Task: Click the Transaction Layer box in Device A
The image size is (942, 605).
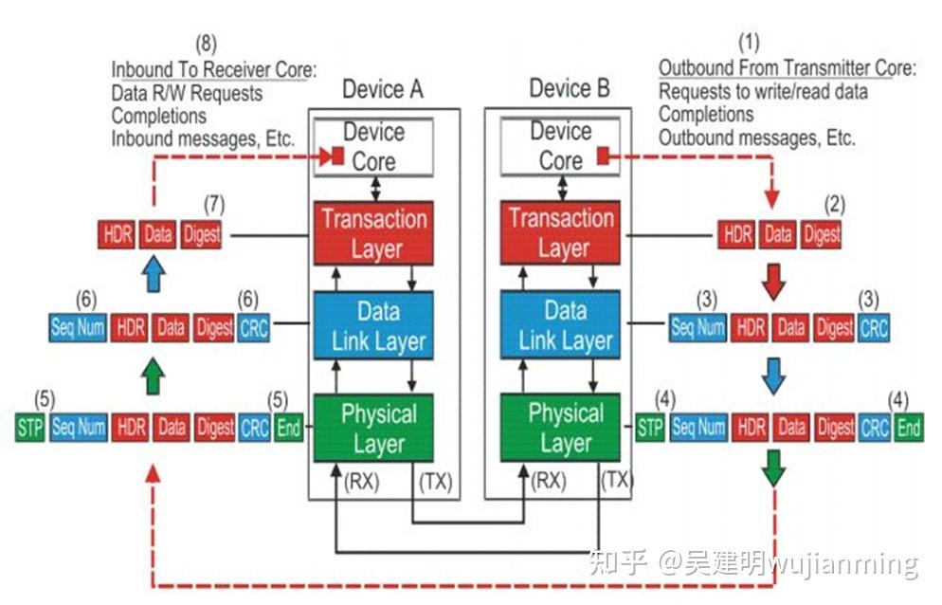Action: [373, 233]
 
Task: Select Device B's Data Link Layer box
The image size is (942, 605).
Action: [565, 325]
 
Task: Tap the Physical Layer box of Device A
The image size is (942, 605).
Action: [373, 428]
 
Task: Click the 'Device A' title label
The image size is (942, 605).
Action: [382, 89]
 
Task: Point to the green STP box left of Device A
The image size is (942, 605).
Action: [29, 428]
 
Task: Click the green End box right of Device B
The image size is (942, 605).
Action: [909, 428]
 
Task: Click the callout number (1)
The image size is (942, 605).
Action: [749, 42]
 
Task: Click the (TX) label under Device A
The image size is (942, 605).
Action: [434, 482]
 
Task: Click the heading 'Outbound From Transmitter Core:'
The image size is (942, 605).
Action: [787, 68]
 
